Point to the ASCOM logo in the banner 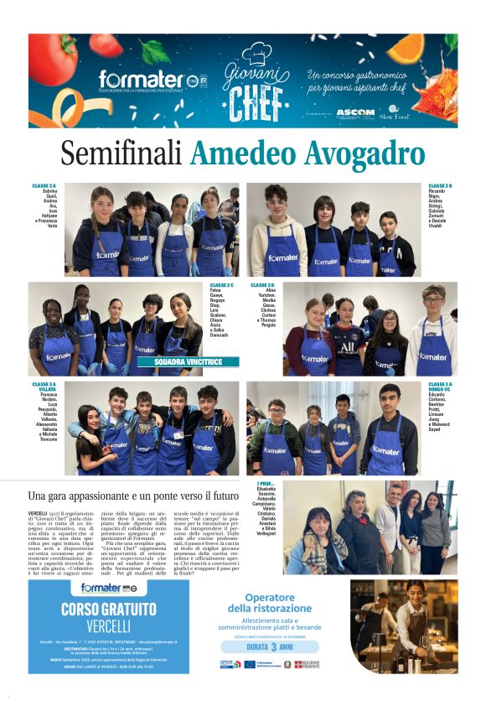pos(355,112)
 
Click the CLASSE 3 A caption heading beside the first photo pos(45,185)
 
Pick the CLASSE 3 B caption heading pos(441,185)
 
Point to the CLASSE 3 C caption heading pos(222,285)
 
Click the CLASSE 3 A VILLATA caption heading pos(45,387)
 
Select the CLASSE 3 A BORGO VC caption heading pos(441,387)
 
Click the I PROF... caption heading pos(266,484)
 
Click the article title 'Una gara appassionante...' pos(133,496)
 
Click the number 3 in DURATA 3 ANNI pos(273,648)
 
